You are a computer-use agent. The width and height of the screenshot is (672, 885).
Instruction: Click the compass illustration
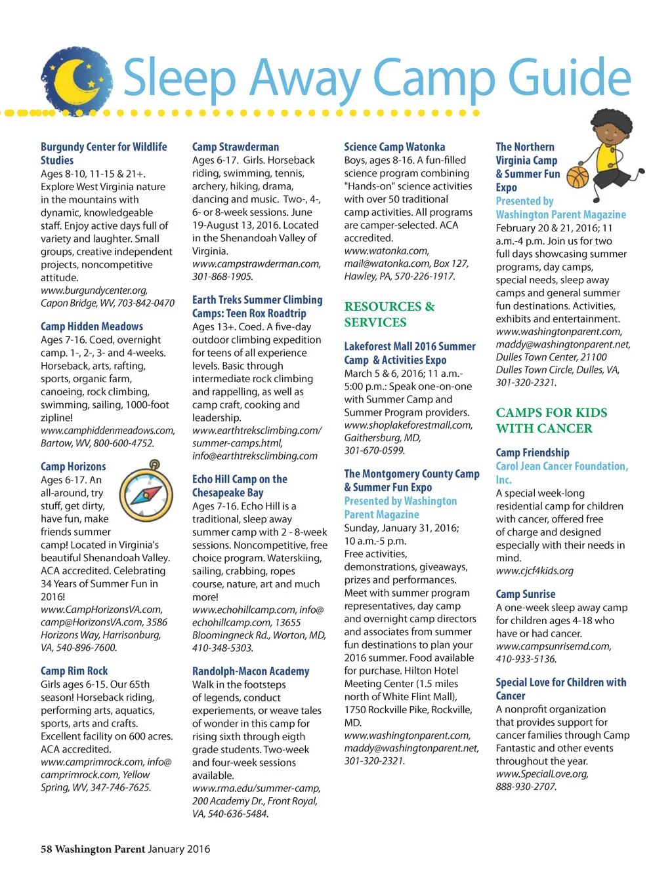point(148,492)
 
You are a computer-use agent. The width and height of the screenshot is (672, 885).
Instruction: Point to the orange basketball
point(577,176)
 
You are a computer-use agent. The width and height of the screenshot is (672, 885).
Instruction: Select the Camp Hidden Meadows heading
point(92,326)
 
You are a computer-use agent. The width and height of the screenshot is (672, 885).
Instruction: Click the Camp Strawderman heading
point(236,147)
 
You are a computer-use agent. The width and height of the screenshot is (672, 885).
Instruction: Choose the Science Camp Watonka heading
point(394,147)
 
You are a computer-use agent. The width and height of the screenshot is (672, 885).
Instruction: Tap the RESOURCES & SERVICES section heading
point(389,315)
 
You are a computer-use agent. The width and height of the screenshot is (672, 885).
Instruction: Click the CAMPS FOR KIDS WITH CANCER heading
point(551,420)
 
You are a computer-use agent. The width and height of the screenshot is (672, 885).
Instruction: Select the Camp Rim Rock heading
point(74,671)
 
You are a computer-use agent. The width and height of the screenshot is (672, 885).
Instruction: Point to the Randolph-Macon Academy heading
point(251,671)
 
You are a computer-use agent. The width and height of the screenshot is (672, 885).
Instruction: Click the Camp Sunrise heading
point(526,594)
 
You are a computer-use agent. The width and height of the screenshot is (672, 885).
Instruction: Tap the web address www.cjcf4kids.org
point(534,571)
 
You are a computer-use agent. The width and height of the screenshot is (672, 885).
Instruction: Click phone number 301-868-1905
point(222,277)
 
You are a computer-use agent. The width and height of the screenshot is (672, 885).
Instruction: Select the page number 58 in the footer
point(46,849)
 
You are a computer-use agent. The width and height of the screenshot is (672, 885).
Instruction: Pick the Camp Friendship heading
point(532,452)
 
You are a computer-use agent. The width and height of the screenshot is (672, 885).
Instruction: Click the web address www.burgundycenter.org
point(94,290)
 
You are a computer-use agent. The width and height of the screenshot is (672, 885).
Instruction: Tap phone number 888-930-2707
point(526,787)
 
